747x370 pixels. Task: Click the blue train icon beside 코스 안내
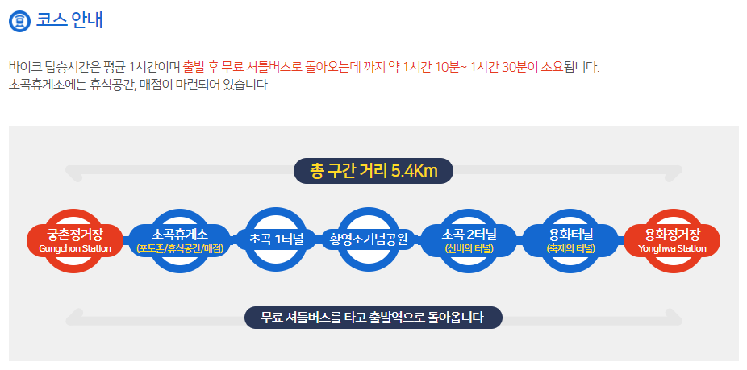[x=20, y=20]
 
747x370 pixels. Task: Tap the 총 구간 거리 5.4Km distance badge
[x=373, y=171]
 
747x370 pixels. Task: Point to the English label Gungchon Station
[x=75, y=248]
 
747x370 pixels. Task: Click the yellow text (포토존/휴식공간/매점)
[x=180, y=248]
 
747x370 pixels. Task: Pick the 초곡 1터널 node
[x=277, y=239]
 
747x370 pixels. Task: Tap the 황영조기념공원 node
[x=369, y=239]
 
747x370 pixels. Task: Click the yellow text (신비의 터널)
[x=469, y=248]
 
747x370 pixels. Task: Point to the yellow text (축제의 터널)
[x=570, y=248]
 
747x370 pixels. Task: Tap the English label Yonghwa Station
[x=672, y=248]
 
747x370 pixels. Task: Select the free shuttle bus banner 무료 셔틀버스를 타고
[x=373, y=317]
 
